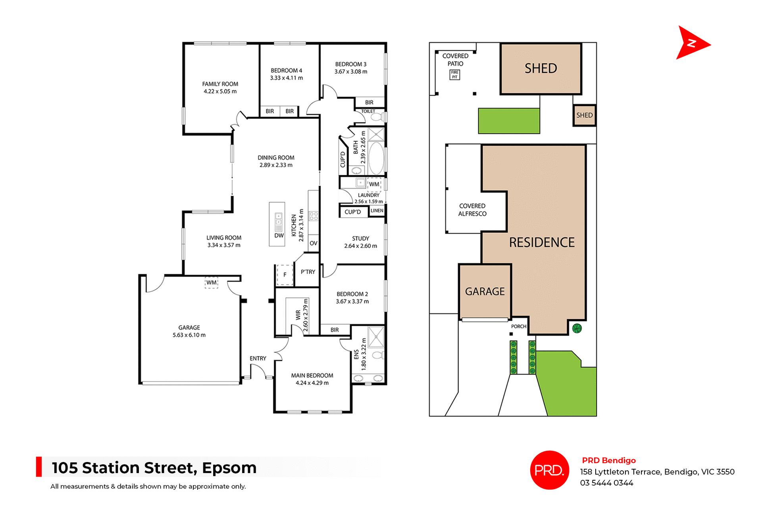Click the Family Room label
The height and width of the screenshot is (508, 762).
pos(220,84)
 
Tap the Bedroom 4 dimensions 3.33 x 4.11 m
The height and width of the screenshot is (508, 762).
pos(286,78)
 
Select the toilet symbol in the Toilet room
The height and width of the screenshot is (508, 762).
pos(376,117)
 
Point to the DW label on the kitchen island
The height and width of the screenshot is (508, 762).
pos(279,236)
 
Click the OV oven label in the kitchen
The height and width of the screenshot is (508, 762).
pos(314,243)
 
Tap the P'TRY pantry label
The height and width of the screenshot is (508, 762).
pos(308,272)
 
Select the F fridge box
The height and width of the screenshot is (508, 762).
pos(285,275)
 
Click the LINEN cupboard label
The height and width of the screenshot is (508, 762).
pos(377,211)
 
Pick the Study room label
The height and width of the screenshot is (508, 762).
pos(360,238)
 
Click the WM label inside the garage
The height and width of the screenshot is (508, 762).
pos(211,283)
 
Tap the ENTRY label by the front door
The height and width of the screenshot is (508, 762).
pos(258,358)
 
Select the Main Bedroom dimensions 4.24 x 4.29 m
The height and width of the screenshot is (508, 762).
pos(312,383)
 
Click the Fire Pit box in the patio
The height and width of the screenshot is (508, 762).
pos(454,75)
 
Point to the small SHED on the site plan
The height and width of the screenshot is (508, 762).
pos(584,115)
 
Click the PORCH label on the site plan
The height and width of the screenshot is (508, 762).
pos(518,326)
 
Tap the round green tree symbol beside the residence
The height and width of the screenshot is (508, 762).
pos(577,328)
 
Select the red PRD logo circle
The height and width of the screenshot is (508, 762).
pos(549,470)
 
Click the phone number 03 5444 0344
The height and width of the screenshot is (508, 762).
pos(606,483)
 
